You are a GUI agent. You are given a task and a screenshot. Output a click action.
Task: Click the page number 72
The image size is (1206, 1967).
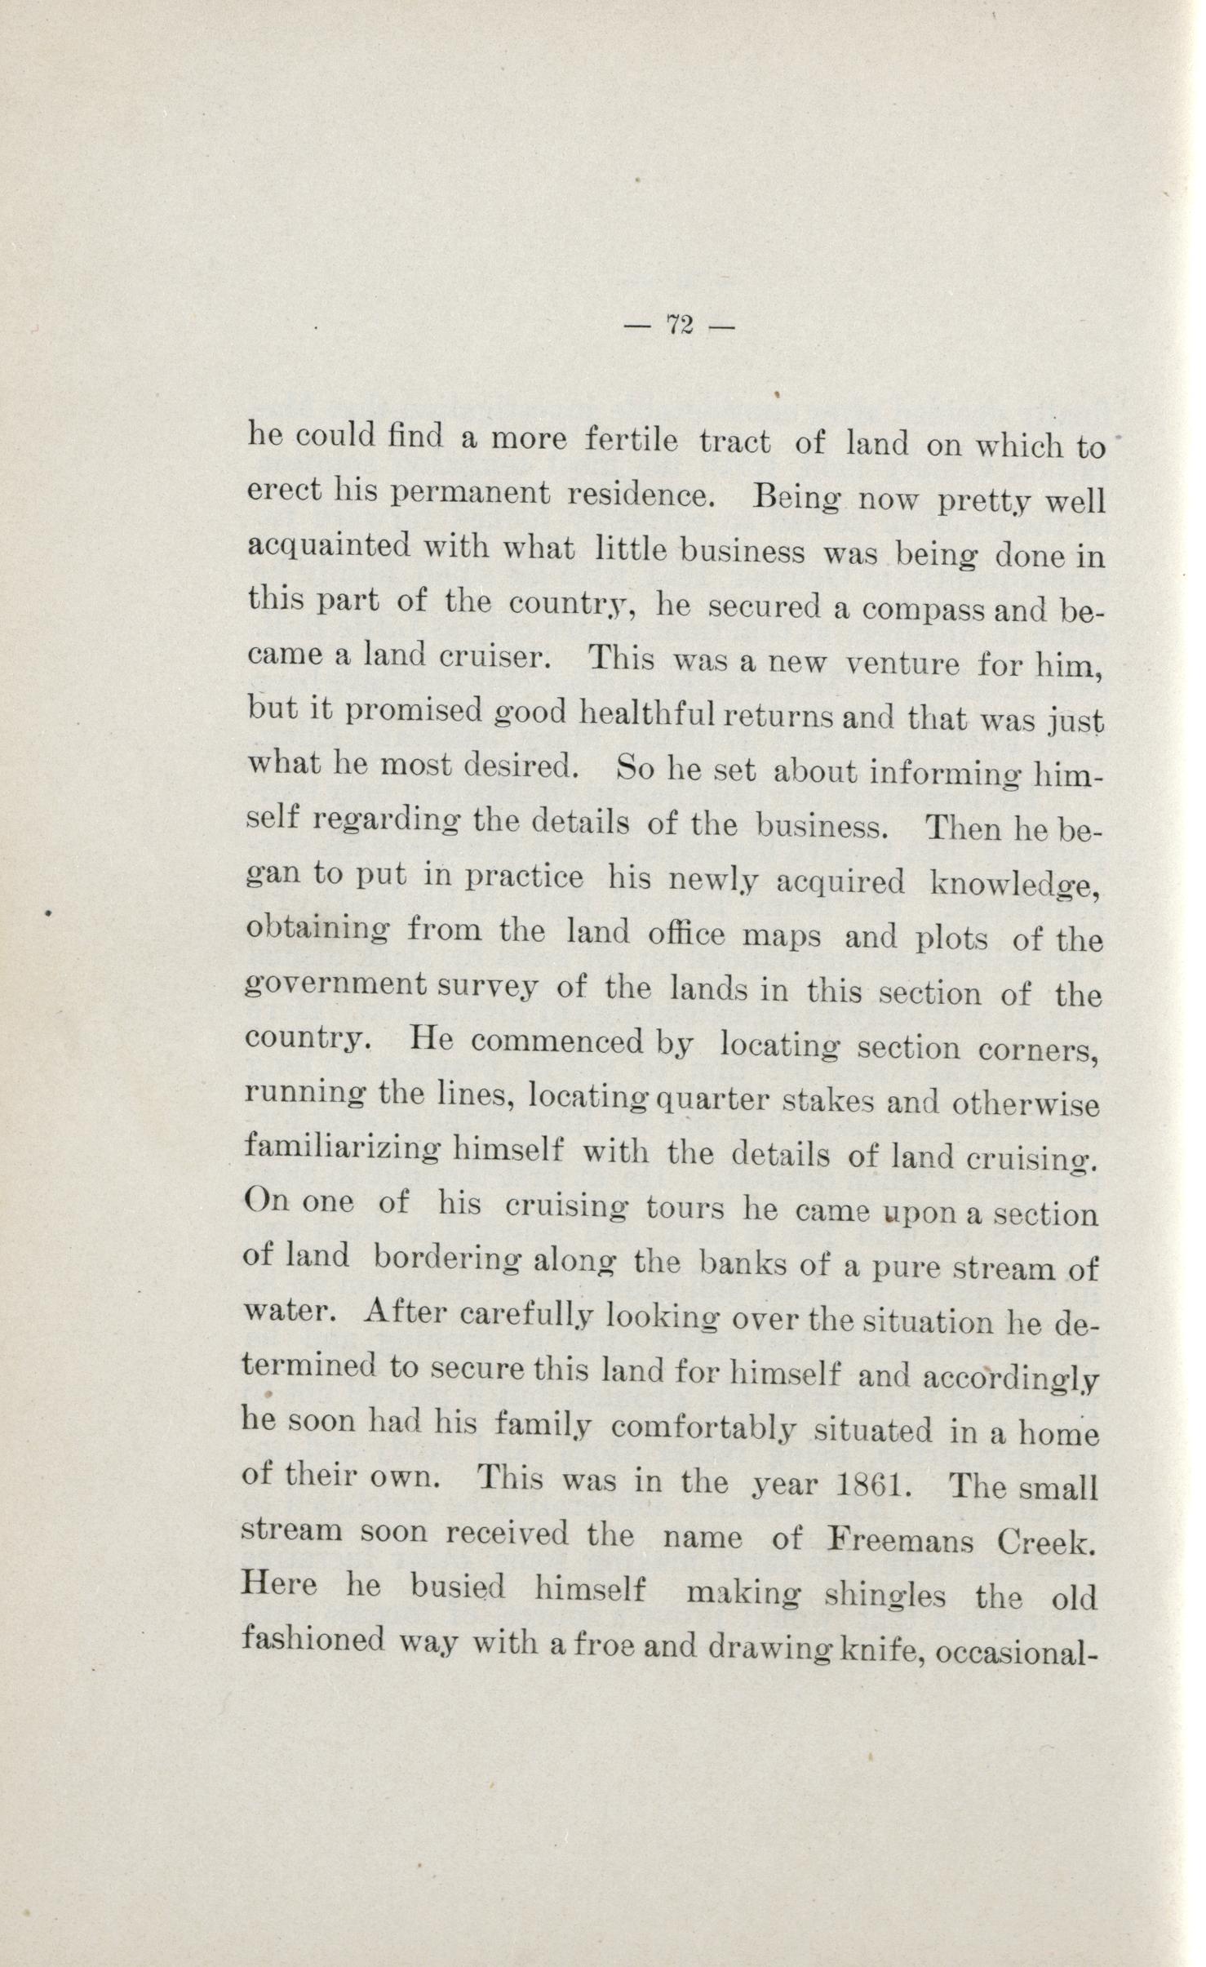[x=680, y=325]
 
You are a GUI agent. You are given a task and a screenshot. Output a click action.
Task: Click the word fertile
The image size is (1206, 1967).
[x=632, y=442]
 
